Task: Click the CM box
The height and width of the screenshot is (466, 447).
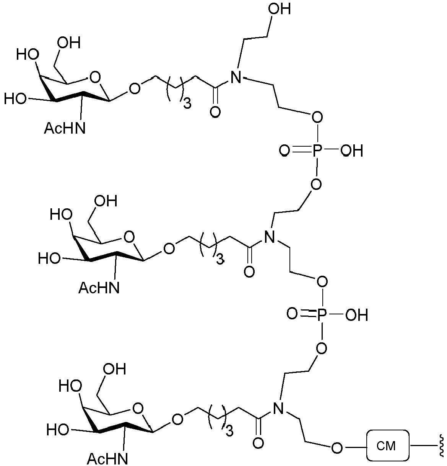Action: tap(388, 445)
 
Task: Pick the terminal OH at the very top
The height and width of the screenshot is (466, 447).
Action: tap(280, 10)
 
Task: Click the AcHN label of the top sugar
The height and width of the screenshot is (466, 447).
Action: tap(65, 128)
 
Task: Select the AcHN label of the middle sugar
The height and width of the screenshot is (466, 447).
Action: tap(99, 288)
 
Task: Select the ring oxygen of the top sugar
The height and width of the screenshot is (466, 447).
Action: tap(94, 77)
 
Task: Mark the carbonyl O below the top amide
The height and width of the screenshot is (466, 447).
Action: tap(215, 111)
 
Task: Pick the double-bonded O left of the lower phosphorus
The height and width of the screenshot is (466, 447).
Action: tap(292, 314)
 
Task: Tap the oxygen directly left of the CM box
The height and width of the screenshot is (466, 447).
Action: tap(337, 446)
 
